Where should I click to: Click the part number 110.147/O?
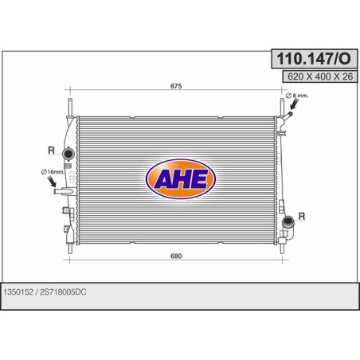pyautogui.click(x=314, y=59)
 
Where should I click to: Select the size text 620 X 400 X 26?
pyautogui.click(x=320, y=76)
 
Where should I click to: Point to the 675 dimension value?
pyautogui.click(x=176, y=86)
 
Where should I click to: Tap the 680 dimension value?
pyautogui.click(x=176, y=256)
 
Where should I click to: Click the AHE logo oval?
pyautogui.click(x=181, y=178)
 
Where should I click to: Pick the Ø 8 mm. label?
pyautogui.click(x=297, y=96)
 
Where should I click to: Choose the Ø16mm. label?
pyautogui.click(x=53, y=172)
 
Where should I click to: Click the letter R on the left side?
pyautogui.click(x=51, y=151)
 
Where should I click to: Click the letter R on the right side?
pyautogui.click(x=302, y=216)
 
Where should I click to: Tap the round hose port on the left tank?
pyautogui.click(x=68, y=154)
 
